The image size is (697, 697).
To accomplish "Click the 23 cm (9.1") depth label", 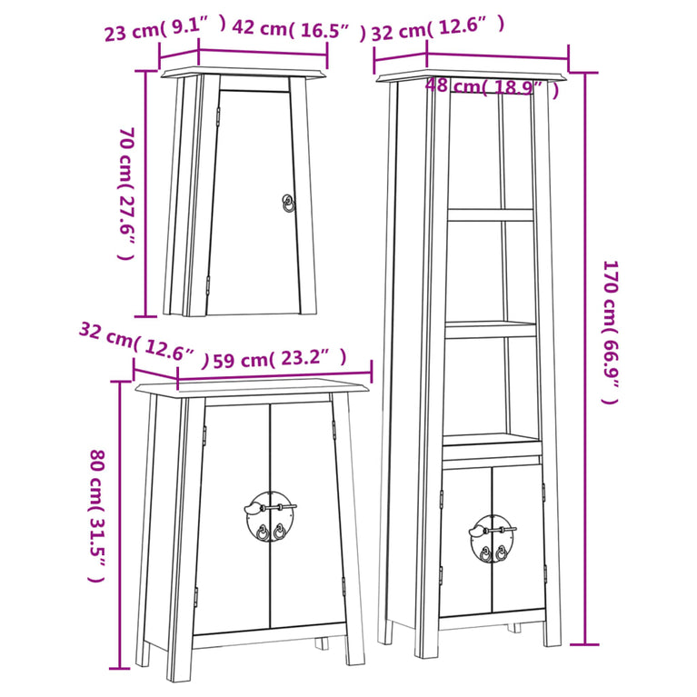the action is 165,29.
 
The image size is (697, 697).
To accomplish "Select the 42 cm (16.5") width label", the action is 299,29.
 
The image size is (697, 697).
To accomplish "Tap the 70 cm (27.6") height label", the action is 126,194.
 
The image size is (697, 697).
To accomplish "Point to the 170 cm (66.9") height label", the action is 611,332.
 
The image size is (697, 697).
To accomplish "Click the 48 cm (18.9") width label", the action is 492,87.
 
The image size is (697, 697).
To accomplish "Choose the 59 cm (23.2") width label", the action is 280,358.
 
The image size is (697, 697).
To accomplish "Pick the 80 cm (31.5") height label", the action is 97,515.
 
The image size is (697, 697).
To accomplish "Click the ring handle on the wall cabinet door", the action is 288,204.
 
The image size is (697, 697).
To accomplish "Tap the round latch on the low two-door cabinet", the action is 270,516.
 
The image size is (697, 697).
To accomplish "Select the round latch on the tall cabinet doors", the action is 492,538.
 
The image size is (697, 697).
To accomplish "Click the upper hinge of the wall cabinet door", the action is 218,115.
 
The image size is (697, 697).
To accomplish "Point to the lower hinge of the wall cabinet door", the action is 207,284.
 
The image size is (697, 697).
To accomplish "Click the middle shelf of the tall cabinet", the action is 491,329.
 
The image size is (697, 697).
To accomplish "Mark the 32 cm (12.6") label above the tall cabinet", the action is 438,27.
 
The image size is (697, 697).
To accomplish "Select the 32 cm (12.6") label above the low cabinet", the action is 144,346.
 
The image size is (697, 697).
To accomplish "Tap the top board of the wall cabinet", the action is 243,73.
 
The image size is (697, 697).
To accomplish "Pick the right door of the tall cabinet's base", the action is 518,539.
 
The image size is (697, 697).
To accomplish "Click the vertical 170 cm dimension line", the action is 584,358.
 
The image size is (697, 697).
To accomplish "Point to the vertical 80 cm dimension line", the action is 119,524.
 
